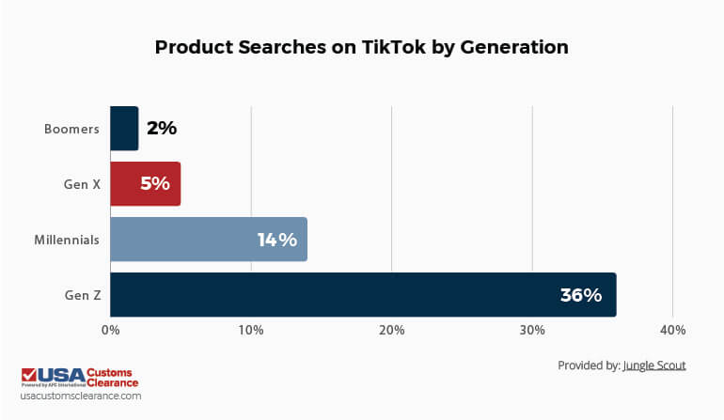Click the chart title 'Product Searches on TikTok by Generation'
361,47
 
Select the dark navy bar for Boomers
124,129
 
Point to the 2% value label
162,129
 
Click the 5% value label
154,184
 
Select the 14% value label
277,240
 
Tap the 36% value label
580,295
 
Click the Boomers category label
71,129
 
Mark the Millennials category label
66,240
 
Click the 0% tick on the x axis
110,330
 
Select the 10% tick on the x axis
251,330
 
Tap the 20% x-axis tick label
391,330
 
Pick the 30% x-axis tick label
532,330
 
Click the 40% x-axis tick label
672,330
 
